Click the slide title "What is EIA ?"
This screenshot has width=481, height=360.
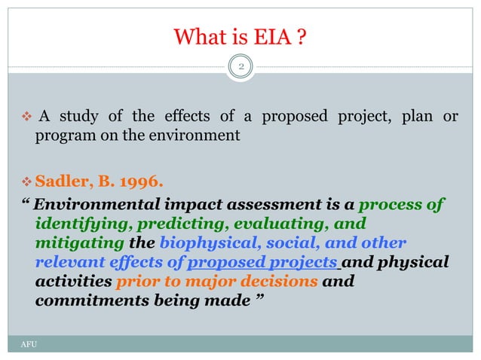pyautogui.click(x=240, y=35)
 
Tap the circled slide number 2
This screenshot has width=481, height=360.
pyautogui.click(x=240, y=67)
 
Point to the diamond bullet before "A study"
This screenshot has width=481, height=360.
pyautogui.click(x=25, y=117)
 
